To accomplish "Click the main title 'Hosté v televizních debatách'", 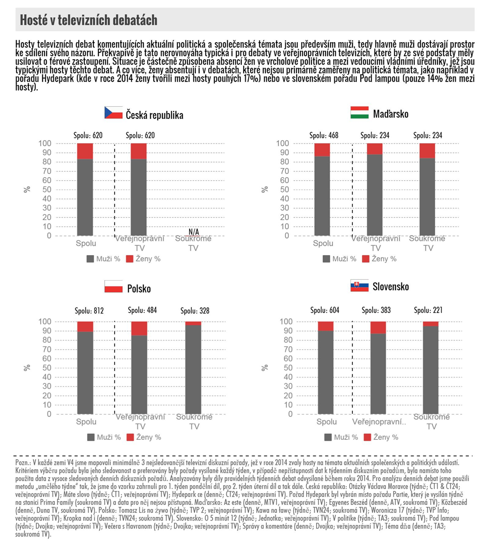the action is tap(89, 20).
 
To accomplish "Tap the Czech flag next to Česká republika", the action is tap(114, 113).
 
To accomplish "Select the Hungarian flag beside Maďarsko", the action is tap(360, 112).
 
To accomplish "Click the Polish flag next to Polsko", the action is tap(114, 286).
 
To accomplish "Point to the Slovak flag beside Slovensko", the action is tap(360, 285).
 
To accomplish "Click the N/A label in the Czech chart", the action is tap(193, 232).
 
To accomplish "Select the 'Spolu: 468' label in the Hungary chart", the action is tap(324, 135).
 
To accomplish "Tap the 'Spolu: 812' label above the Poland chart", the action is tap(89, 310).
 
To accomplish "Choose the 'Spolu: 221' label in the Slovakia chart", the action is tap(428, 310).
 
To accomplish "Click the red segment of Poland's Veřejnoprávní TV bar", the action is tap(139, 328).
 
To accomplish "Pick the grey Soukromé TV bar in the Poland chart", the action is tap(193, 369).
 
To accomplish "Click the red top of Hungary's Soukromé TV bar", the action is tap(427, 151).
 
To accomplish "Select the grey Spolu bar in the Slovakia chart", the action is tap(326, 372).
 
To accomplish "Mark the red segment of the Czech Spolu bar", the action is tap(85, 151).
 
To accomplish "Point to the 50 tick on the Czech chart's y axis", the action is tap(47, 190).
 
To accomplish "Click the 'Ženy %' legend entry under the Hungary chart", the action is tap(379, 259).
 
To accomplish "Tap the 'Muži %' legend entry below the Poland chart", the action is tap(104, 437).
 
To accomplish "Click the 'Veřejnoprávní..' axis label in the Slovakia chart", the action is tap(379, 422).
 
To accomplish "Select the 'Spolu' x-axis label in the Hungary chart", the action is tap(323, 243).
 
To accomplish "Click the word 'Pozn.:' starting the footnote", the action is tap(23, 463).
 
